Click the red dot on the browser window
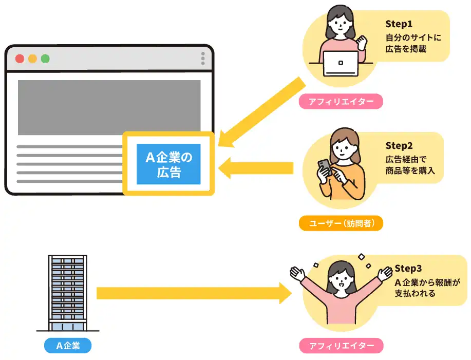tap(20, 58)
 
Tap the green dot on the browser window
tap(45, 58)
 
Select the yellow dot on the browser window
tap(32, 58)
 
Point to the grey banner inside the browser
tap(109, 107)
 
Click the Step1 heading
tap(400, 24)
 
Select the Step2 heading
tap(400, 146)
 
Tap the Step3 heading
tap(409, 269)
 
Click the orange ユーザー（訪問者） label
tap(341, 223)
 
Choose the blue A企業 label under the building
tap(68, 346)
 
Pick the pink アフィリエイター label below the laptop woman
tap(341, 101)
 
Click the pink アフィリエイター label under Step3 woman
tap(341, 346)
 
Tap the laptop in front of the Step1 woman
tap(341, 63)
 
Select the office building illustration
tap(68, 293)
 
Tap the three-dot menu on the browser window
tap(203, 58)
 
